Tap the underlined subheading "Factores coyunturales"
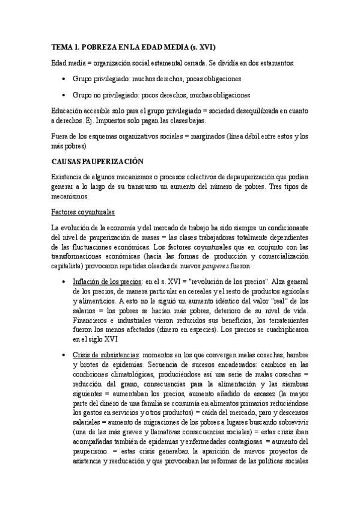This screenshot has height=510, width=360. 83,212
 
